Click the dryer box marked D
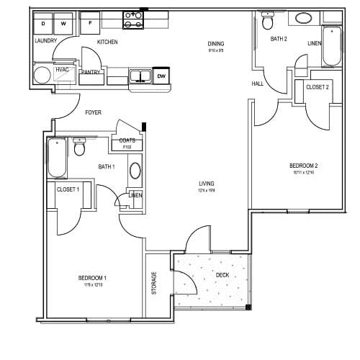point(43,24)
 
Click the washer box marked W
point(63,24)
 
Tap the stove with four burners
point(132,20)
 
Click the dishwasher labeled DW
point(161,76)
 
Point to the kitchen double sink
point(140,76)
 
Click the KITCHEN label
point(107,42)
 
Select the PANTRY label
point(91,72)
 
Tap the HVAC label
point(62,69)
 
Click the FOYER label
point(93,112)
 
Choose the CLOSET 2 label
point(318,87)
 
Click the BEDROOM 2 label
point(304,166)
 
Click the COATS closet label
point(127,140)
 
